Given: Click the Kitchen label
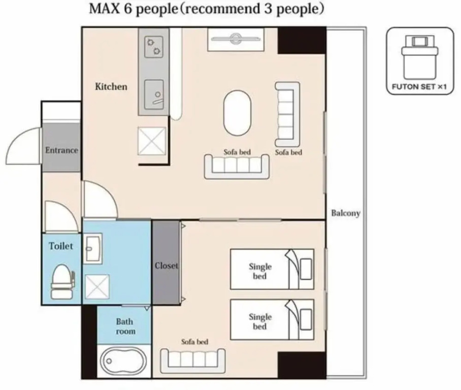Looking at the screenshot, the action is click(111, 86).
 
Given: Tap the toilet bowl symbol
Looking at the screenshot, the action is click(62, 282).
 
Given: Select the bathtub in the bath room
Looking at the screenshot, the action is click(123, 361).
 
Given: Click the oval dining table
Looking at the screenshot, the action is click(237, 113).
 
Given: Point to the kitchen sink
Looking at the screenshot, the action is click(154, 94).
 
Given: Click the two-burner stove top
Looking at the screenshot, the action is click(154, 47).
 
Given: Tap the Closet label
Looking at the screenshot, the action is click(167, 266).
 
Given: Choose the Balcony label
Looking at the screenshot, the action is click(346, 213).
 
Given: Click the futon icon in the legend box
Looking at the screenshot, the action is click(420, 57).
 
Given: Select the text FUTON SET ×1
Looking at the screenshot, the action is click(419, 87).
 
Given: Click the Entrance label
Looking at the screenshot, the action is click(61, 150).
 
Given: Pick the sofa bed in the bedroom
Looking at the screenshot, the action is click(193, 362).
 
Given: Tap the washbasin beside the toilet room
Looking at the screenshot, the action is click(92, 248).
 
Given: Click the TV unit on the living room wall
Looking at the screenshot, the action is click(236, 39).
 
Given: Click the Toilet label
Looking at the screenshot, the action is click(61, 246).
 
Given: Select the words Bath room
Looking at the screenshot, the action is click(125, 327).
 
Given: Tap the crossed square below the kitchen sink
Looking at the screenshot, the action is click(152, 141).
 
